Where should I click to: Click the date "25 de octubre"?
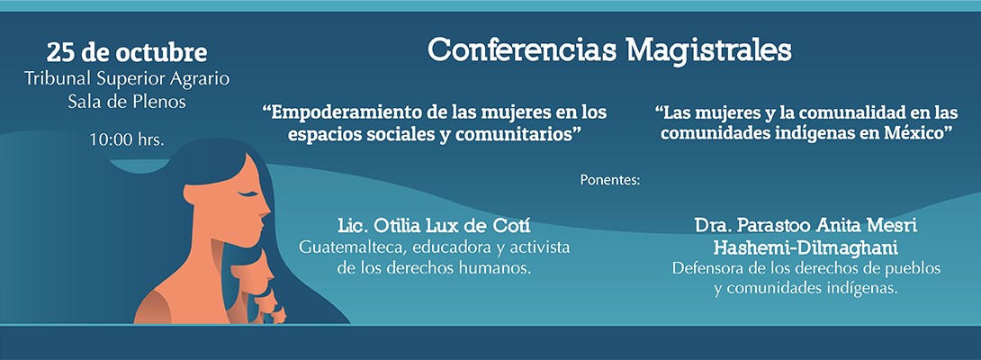coord(127,53)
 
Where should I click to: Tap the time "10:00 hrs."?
coord(127,140)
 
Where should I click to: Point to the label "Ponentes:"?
coord(610,180)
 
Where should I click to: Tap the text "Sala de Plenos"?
coord(127,103)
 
